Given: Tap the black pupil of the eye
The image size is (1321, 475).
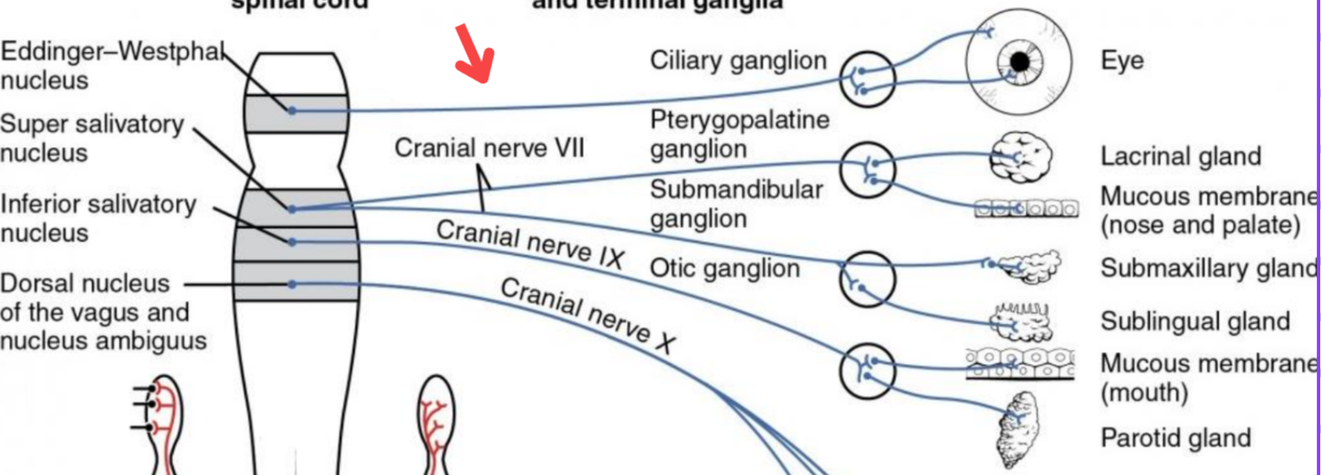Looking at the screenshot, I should click(x=1020, y=61).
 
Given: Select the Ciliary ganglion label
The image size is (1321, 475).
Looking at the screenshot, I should click(x=738, y=61).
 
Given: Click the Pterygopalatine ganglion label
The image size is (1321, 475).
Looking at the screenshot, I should click(x=739, y=135).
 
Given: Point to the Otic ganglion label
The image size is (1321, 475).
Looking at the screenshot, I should click(x=724, y=269).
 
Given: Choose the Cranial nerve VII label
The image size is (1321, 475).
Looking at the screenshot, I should click(x=489, y=149).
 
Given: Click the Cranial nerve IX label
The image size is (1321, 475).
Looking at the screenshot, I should click(x=530, y=244).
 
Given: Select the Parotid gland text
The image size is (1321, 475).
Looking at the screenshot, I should click(x=1175, y=438).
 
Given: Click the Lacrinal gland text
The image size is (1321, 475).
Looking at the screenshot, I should click(x=1180, y=156).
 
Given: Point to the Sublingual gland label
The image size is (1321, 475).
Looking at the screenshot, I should click(x=1195, y=321).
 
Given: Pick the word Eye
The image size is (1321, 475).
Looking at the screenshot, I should click(x=1122, y=61).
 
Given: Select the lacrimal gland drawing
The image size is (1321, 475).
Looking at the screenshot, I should click(x=1021, y=156).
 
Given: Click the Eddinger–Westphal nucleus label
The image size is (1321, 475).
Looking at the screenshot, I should click(x=109, y=66).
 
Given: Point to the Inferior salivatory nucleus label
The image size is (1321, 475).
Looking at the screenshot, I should click(x=98, y=218).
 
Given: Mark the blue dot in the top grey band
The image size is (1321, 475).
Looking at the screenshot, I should click(x=292, y=110).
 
